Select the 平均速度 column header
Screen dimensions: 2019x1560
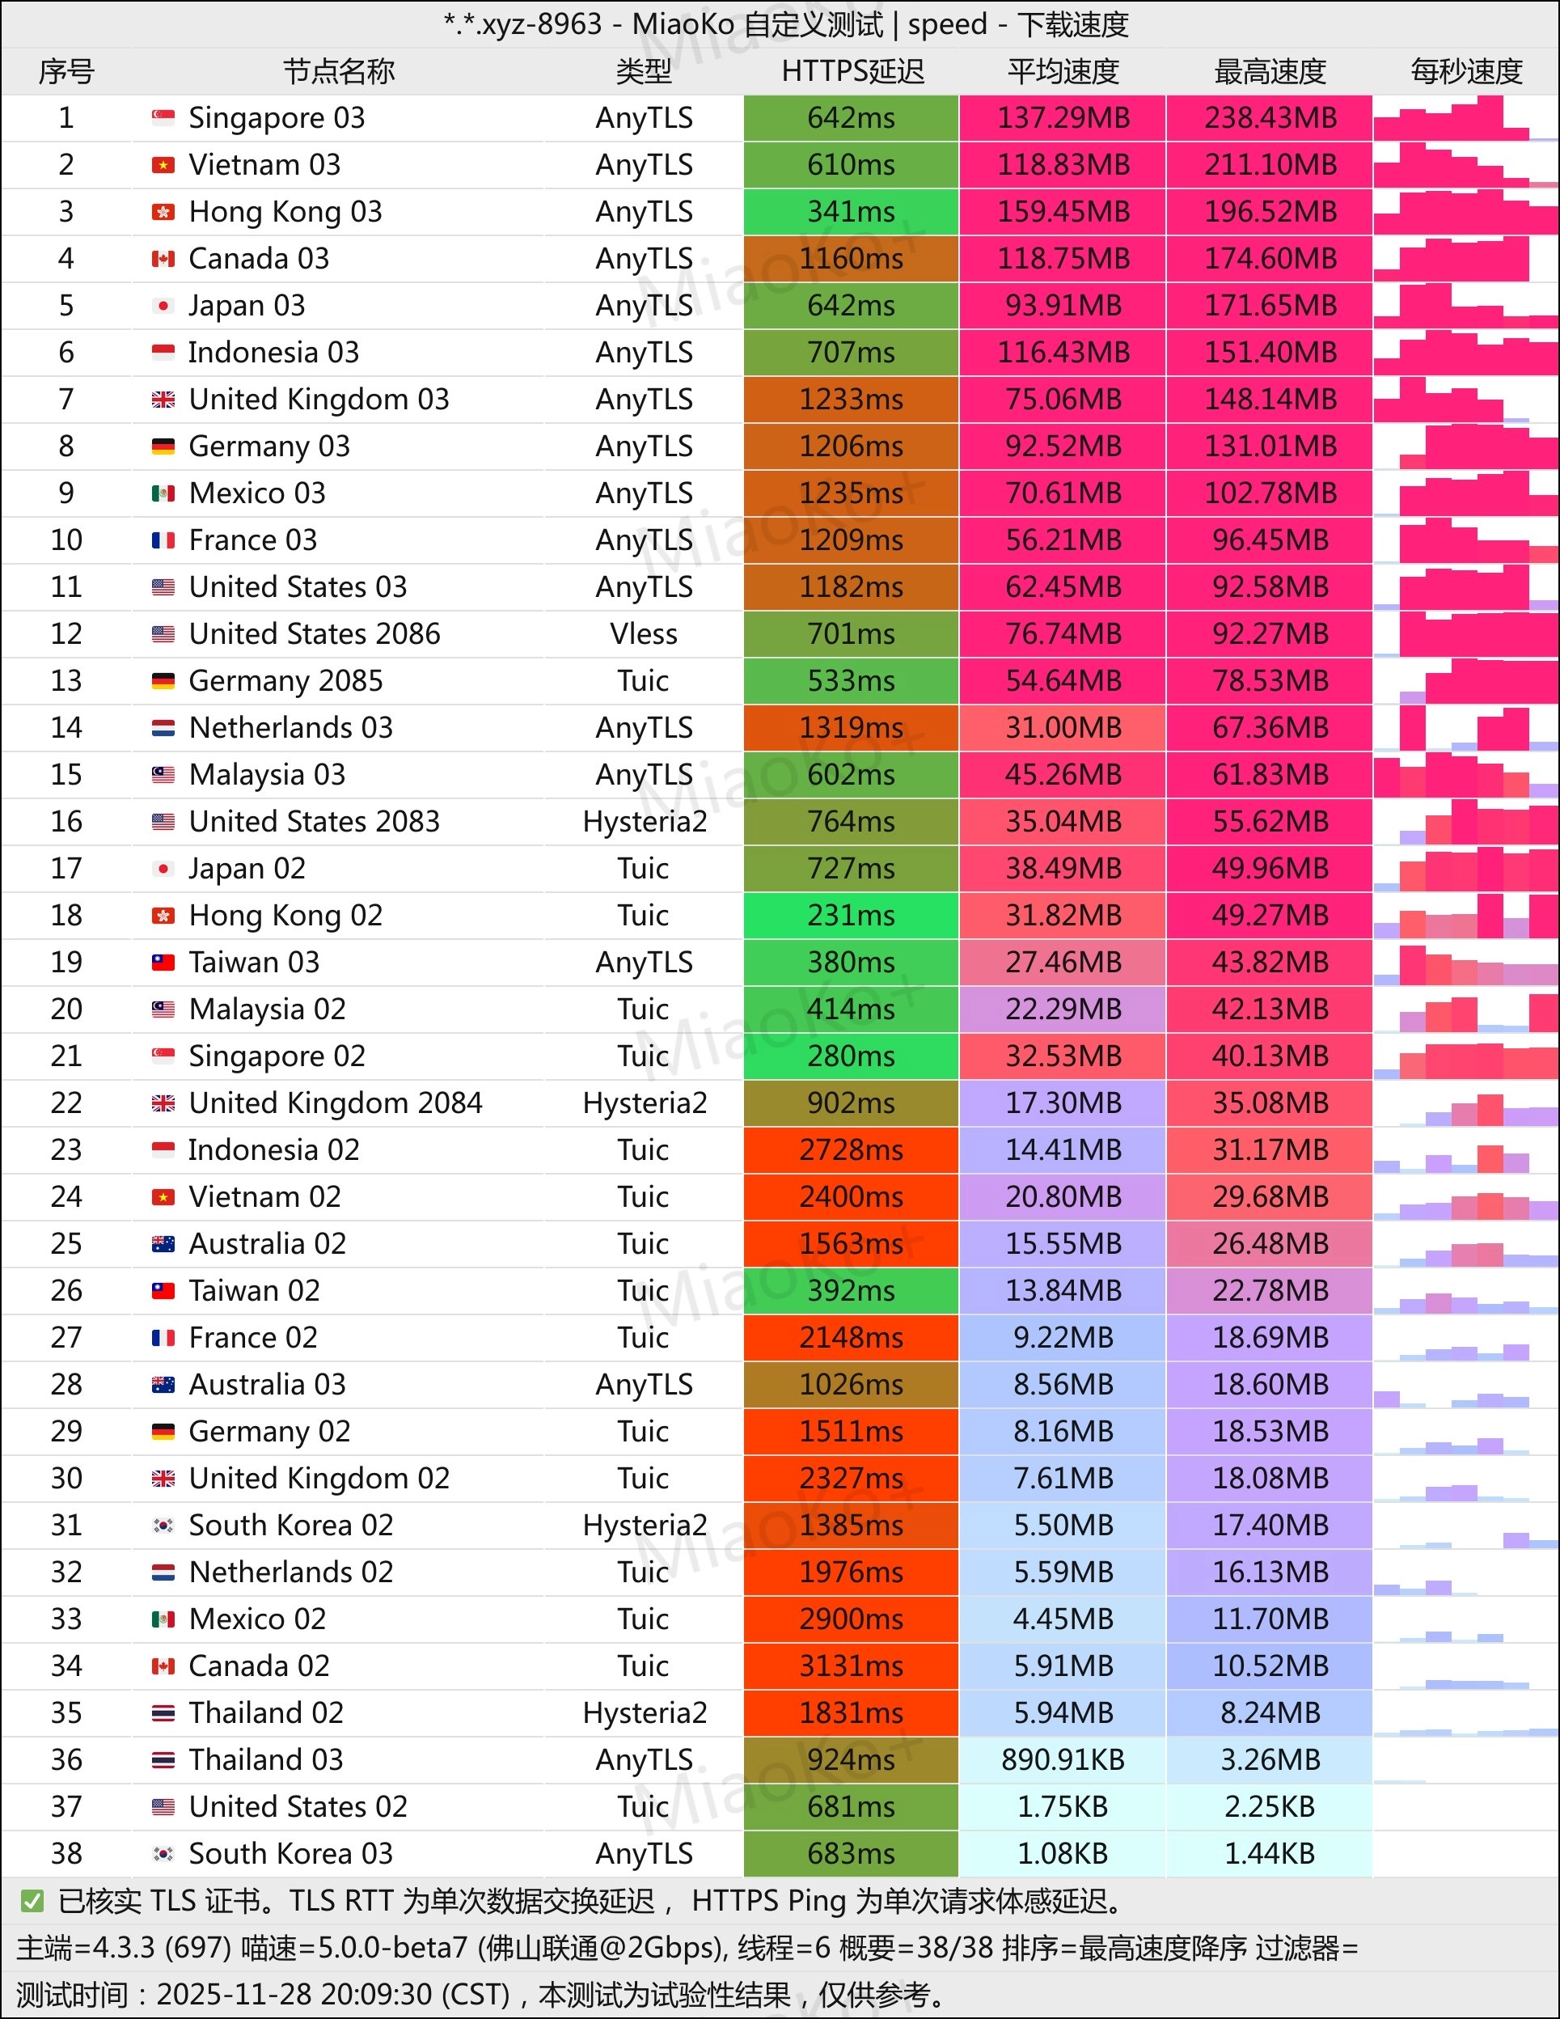[x=1063, y=71]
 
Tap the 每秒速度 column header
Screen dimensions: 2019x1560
[x=1465, y=71]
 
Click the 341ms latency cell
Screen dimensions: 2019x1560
[x=851, y=212]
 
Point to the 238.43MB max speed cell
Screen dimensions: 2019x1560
[x=1270, y=118]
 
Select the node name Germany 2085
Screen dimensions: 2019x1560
[x=285, y=681]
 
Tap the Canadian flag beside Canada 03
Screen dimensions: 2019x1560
[x=163, y=259]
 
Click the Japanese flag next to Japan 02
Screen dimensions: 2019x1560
[x=163, y=869]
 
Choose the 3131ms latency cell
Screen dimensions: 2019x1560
[x=851, y=1666]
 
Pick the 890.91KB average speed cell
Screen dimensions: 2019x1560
[x=1063, y=1760]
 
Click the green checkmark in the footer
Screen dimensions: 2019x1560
[x=32, y=1901]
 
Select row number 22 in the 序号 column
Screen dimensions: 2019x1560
[x=66, y=1103]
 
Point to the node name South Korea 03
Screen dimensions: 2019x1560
[x=290, y=1853]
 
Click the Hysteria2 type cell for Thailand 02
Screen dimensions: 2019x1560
[x=645, y=1713]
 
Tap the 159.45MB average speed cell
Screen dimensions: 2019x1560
[x=1063, y=212]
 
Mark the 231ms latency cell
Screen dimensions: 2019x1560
[x=851, y=915]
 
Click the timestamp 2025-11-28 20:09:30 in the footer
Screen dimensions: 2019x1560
[x=332, y=1995]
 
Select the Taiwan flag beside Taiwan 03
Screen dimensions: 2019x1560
[x=163, y=963]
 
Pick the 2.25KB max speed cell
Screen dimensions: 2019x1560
[x=1270, y=1806]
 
